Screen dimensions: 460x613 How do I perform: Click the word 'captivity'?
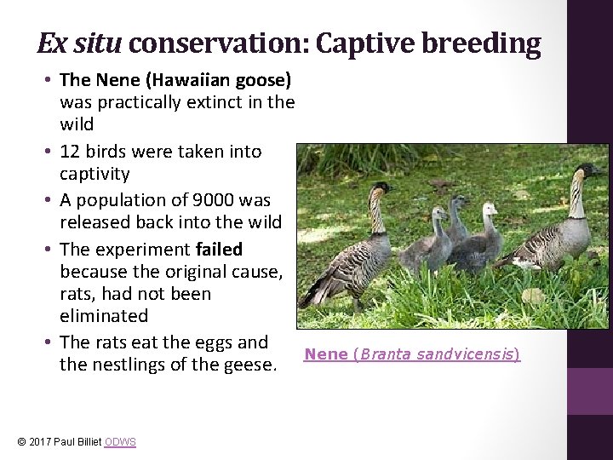(x=95, y=175)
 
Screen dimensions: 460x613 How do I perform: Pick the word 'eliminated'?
(x=104, y=316)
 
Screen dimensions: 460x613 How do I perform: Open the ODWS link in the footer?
(x=119, y=441)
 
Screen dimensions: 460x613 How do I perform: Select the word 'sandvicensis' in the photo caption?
(x=465, y=354)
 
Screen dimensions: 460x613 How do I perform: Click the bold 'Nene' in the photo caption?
(x=326, y=354)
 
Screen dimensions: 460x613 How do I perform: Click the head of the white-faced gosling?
(x=490, y=210)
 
